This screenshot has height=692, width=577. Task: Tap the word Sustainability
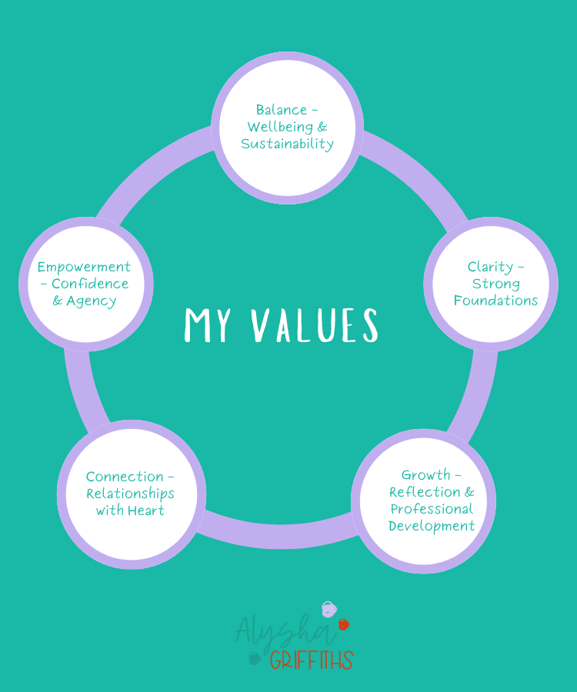pyautogui.click(x=287, y=144)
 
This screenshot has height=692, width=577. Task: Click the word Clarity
pyautogui.click(x=490, y=267)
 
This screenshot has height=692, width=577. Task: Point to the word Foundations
pyautogui.click(x=495, y=301)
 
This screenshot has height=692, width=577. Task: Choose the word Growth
pyautogui.click(x=425, y=475)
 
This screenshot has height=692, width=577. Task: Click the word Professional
pyautogui.click(x=432, y=509)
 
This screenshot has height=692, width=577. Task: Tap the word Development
pyautogui.click(x=432, y=526)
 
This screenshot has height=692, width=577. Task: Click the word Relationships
pyautogui.click(x=130, y=494)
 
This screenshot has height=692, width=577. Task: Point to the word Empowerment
pyautogui.click(x=85, y=267)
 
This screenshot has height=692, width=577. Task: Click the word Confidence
pyautogui.click(x=90, y=284)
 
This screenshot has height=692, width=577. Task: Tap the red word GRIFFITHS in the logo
pyautogui.click(x=311, y=660)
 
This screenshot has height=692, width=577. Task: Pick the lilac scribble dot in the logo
pyautogui.click(x=328, y=610)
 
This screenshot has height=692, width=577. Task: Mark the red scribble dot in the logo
pyautogui.click(x=343, y=624)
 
